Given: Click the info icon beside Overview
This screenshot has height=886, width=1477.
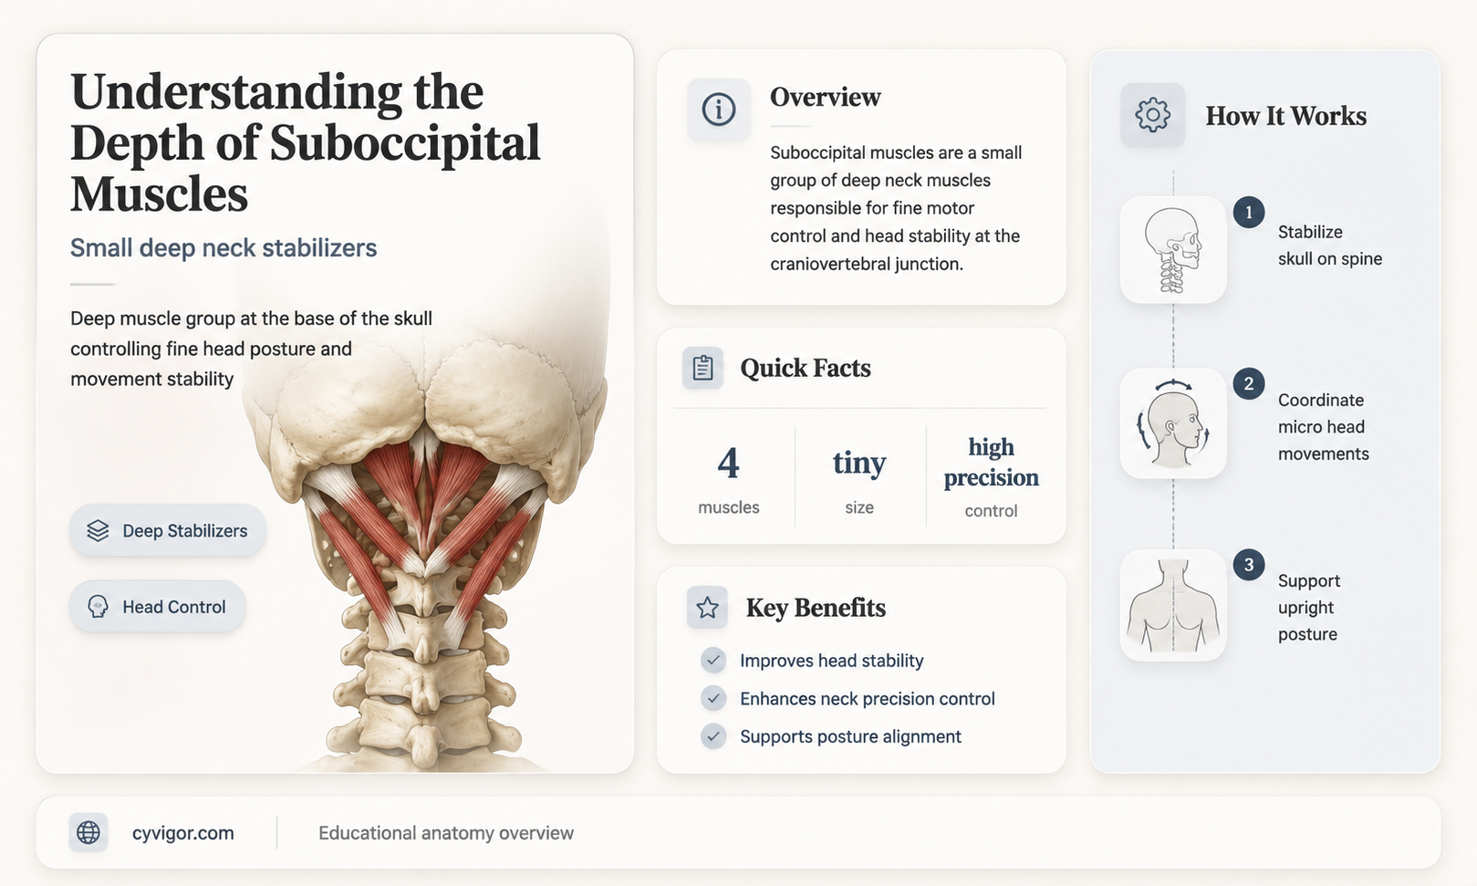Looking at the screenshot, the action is pyautogui.click(x=718, y=109).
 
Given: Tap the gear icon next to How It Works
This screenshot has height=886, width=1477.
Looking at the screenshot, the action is pyautogui.click(x=1152, y=115).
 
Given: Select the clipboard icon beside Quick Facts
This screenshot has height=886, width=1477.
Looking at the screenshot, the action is pyautogui.click(x=702, y=368).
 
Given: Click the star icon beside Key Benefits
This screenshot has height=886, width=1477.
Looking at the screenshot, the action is pyautogui.click(x=708, y=607).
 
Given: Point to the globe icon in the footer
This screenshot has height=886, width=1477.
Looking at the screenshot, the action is pyautogui.click(x=88, y=832).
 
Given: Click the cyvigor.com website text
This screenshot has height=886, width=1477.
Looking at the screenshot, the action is pyautogui.click(x=182, y=833).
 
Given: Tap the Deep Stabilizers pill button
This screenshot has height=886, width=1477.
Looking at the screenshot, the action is pyautogui.click(x=168, y=530).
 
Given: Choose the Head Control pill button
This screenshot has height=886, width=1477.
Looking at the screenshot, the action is pyautogui.click(x=158, y=606).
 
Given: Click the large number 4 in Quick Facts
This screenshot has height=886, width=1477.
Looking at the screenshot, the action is pyautogui.click(x=729, y=463).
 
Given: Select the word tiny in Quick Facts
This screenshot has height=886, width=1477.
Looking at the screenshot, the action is pyautogui.click(x=859, y=463).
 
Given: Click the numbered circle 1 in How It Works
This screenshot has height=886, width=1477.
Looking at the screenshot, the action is pyautogui.click(x=1248, y=213).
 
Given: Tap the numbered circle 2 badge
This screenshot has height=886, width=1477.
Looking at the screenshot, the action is pyautogui.click(x=1248, y=384).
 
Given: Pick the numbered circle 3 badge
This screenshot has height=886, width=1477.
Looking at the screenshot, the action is pyautogui.click(x=1248, y=565).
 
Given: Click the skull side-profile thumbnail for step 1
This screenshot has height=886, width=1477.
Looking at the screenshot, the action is pyautogui.click(x=1173, y=249).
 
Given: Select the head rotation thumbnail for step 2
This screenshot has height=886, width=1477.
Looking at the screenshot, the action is pyautogui.click(x=1173, y=422).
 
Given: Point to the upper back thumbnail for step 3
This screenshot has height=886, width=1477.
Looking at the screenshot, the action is pyautogui.click(x=1173, y=605).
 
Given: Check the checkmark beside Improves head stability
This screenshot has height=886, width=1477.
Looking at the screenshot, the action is pyautogui.click(x=712, y=661).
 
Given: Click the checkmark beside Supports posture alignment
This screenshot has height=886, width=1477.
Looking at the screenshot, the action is pyautogui.click(x=712, y=736).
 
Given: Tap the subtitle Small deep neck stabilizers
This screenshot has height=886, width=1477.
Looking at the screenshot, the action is pyautogui.click(x=224, y=248).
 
